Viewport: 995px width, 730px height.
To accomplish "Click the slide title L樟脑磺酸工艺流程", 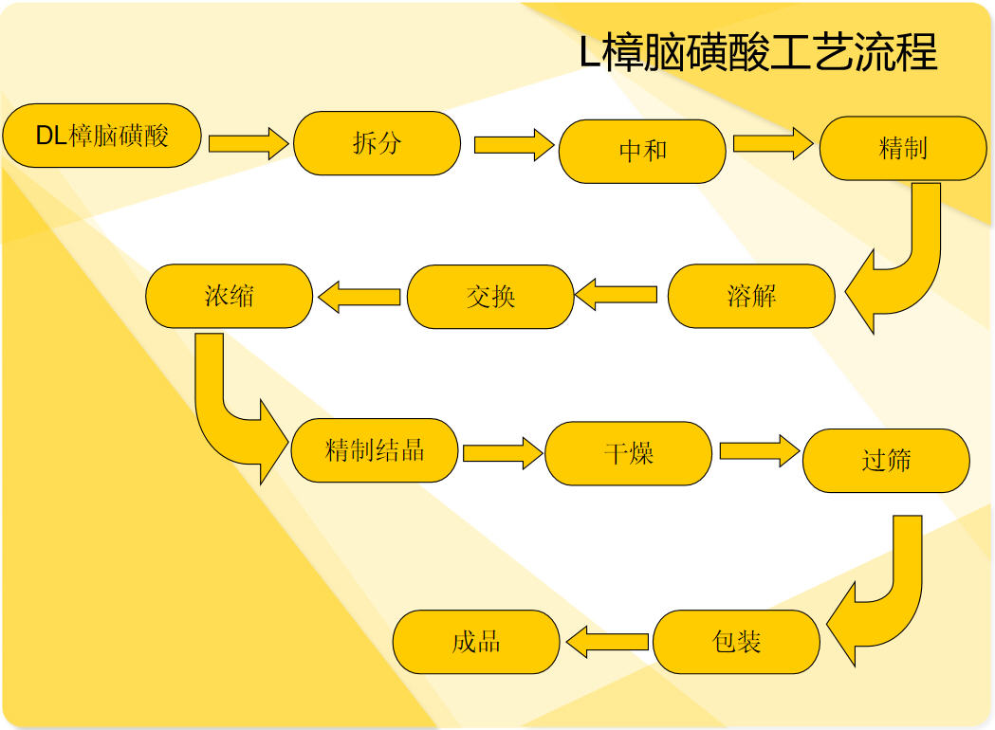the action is point(758,52).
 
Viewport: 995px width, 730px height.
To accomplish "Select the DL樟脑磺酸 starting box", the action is point(102,136).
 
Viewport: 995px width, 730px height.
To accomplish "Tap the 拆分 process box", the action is point(377,143).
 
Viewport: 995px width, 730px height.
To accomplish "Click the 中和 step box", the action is point(642,152).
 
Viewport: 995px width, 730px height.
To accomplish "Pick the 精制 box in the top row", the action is point(903,149).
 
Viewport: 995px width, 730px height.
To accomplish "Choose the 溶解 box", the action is point(751,296).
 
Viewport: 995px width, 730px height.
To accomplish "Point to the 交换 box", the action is point(490,297).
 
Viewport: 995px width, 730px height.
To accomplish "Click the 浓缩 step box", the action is point(230,296).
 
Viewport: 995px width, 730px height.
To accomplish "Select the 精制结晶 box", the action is point(375,450).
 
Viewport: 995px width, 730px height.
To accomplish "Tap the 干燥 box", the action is point(628,453).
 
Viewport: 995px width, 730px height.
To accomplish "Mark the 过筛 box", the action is point(887,461).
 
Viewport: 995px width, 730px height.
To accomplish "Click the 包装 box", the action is point(736,642).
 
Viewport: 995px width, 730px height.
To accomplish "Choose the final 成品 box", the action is point(476,642).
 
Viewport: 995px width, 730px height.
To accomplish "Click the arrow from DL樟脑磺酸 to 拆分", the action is point(249,143).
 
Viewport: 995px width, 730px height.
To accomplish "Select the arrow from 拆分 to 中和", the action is point(514,145).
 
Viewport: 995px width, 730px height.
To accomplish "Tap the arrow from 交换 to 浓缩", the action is point(359,297).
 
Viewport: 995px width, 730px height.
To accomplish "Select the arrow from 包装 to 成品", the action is point(607,642).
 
